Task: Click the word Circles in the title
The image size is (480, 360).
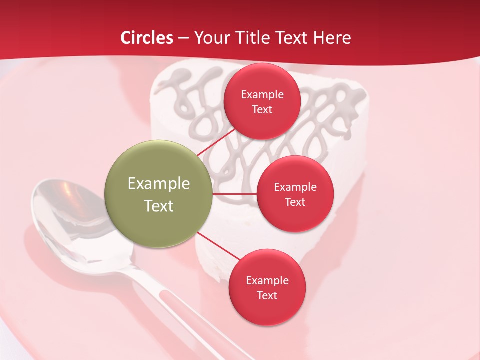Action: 147,38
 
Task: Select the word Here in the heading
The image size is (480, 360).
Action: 332,38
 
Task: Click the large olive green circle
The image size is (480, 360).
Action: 158,194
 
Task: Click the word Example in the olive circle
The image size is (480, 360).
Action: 158,183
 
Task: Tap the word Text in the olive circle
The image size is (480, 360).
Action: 158,206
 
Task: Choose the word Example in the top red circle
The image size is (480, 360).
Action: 262,94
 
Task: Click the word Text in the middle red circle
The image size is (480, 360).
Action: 295,202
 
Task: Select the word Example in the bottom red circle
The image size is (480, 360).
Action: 267,280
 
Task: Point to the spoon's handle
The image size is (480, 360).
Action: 175,310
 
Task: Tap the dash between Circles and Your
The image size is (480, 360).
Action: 183,38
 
